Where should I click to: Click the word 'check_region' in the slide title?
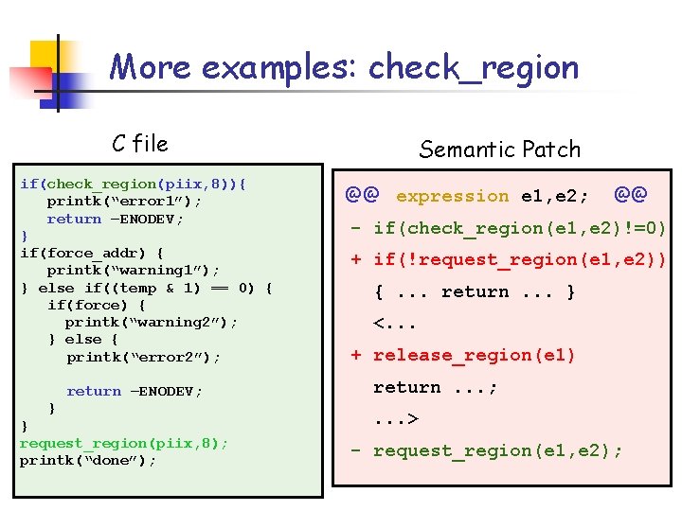coord(473,68)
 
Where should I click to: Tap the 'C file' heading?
coord(139,144)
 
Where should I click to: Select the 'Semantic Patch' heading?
coord(499,150)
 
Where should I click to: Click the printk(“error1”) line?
coord(124,202)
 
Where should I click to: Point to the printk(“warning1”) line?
coord(134,271)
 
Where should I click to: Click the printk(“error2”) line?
coord(143,357)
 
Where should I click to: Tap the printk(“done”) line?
coord(88,461)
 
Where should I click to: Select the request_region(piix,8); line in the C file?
coord(124,443)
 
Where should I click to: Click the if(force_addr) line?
coord(91,254)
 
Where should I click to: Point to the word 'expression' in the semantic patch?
coord(452,197)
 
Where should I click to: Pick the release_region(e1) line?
coord(474,356)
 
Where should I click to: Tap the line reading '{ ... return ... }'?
coord(475,292)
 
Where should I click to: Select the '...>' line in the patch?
coord(397,419)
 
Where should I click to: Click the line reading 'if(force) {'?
coord(96,305)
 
